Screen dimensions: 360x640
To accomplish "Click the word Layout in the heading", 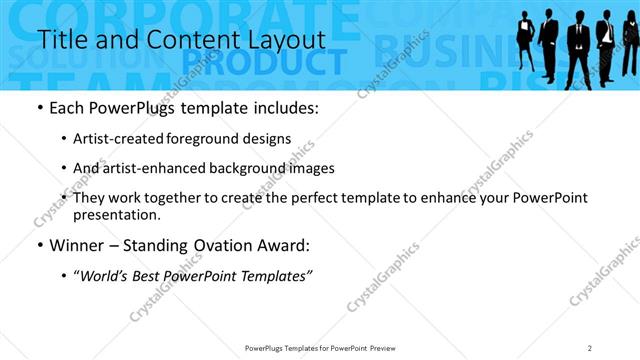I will [x=289, y=39].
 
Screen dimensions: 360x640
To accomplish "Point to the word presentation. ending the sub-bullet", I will [x=116, y=215].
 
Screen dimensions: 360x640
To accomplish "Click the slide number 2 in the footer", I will [x=590, y=348].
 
